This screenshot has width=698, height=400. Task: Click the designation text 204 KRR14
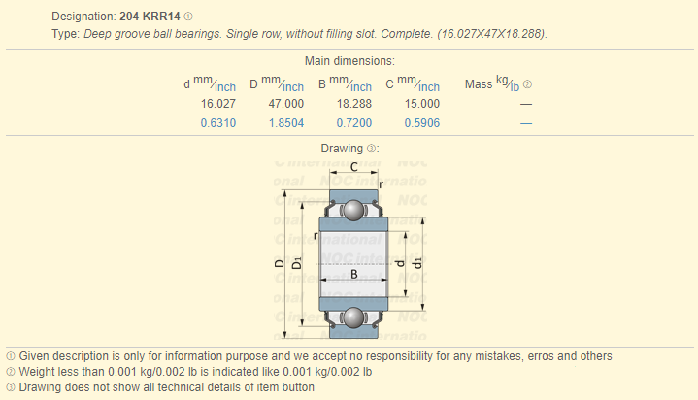(x=150, y=17)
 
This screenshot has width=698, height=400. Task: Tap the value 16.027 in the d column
(x=218, y=104)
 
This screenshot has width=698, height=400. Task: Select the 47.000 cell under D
(x=285, y=104)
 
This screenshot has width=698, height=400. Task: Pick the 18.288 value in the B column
(x=354, y=104)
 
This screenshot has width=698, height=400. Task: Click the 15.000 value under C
(x=422, y=104)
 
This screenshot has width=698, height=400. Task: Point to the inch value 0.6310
(x=218, y=123)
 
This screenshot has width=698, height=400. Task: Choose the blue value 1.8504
(x=286, y=123)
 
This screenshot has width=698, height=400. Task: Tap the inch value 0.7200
(x=354, y=123)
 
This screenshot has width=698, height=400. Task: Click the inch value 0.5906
(x=422, y=123)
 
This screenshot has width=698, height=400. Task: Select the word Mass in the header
(x=479, y=84)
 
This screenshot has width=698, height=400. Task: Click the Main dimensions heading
(x=349, y=61)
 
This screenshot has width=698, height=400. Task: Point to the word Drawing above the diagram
(x=342, y=149)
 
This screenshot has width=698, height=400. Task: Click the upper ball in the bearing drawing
(x=354, y=211)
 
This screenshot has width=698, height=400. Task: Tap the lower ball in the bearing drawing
(x=354, y=317)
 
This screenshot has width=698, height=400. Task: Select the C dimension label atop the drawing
(x=354, y=167)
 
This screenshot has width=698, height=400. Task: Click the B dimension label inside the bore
(x=354, y=274)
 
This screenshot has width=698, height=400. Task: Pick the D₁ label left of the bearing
(x=296, y=263)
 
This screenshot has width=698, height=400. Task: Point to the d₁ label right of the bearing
(x=417, y=263)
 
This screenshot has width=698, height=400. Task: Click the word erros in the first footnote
(x=541, y=356)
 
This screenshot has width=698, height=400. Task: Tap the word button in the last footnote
(x=298, y=387)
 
